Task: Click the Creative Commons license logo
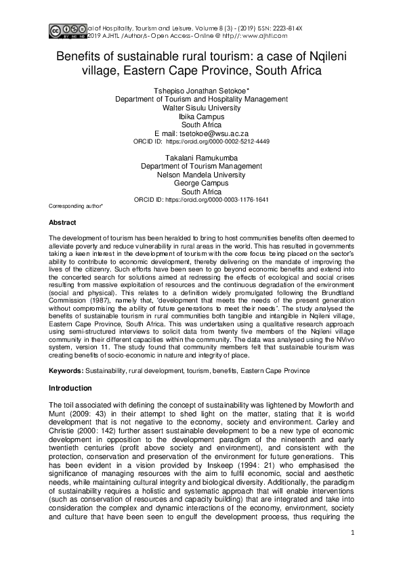coord(65,30)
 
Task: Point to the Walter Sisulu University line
coord(201,107)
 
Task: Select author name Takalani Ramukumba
coord(201,156)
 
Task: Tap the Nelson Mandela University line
coord(201,174)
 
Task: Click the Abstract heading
coord(62,222)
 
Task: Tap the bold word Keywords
coord(66,370)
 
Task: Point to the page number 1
coord(353,552)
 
